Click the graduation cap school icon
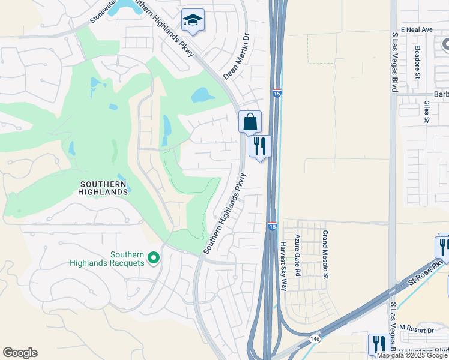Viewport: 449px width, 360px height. (x=193, y=20)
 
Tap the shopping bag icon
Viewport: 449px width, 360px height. (x=250, y=122)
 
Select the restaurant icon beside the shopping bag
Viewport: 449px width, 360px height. (x=260, y=146)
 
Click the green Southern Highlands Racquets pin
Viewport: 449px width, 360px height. (x=154, y=258)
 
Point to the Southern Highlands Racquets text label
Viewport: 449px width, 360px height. (x=107, y=258)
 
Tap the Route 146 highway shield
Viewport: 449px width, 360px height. (x=315, y=339)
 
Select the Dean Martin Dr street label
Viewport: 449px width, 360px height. (x=236, y=57)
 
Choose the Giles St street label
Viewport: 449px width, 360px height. (x=427, y=112)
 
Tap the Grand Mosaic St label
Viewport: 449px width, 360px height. (x=325, y=254)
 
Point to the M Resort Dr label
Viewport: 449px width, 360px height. (x=415, y=330)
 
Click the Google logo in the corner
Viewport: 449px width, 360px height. (x=20, y=353)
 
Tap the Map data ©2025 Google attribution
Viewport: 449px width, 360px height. (x=412, y=355)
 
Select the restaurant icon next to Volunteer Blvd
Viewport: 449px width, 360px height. (x=379, y=344)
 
